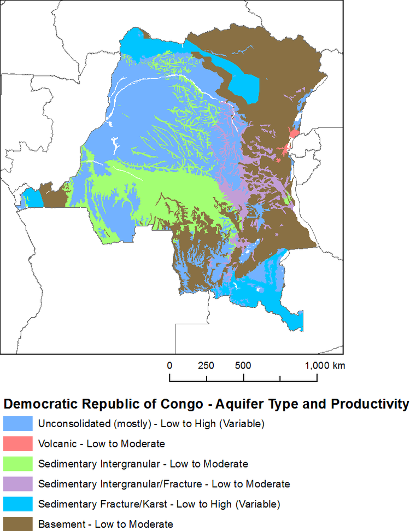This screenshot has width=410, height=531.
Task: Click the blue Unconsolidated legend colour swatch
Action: tap(17, 423)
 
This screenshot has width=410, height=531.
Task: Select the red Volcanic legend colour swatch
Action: tap(17, 444)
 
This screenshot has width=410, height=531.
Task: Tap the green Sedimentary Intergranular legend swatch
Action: tap(17, 464)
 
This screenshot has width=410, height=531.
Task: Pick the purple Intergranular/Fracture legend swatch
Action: tap(17, 484)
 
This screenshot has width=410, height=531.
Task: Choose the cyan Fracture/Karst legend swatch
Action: tap(17, 504)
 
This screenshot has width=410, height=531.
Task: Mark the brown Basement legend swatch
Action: tap(17, 523)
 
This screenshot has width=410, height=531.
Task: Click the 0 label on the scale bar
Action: tap(170, 365)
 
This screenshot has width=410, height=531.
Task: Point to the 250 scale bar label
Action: tap(206, 365)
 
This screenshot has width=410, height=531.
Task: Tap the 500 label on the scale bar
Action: tap(243, 365)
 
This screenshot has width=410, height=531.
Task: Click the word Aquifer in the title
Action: tap(239, 404)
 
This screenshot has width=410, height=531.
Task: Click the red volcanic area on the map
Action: tap(293, 135)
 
